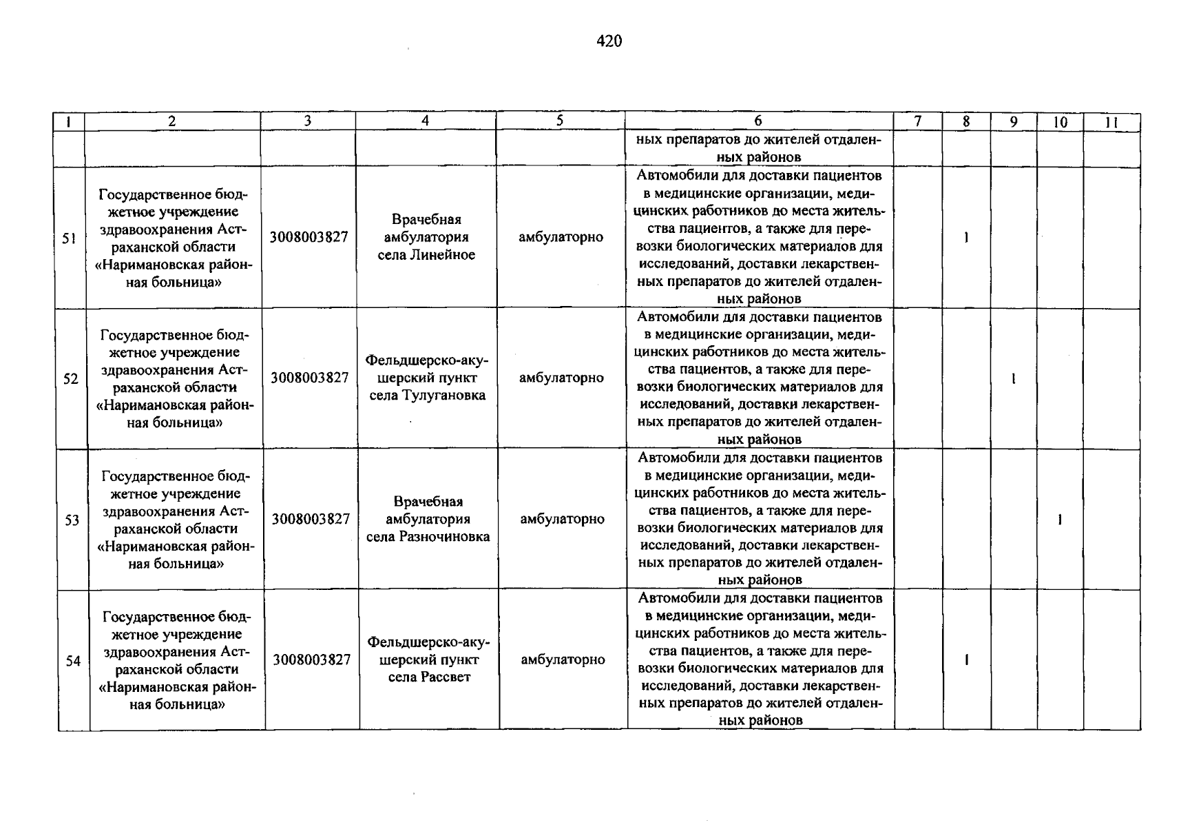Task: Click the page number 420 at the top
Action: (609, 41)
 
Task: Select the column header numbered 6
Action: (758, 121)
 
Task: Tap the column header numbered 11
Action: (1111, 123)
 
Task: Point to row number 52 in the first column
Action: (70, 379)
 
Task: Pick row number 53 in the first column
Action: (72, 520)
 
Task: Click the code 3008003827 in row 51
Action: (309, 237)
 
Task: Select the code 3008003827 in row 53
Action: (311, 519)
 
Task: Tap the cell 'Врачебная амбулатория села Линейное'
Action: (426, 237)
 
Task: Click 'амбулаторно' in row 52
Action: (561, 378)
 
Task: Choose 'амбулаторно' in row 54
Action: (563, 660)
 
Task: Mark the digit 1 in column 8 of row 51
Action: (966, 238)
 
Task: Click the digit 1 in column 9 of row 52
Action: (1014, 379)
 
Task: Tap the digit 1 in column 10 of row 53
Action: (1060, 520)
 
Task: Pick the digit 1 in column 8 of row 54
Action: (967, 660)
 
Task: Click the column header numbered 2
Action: (171, 121)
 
